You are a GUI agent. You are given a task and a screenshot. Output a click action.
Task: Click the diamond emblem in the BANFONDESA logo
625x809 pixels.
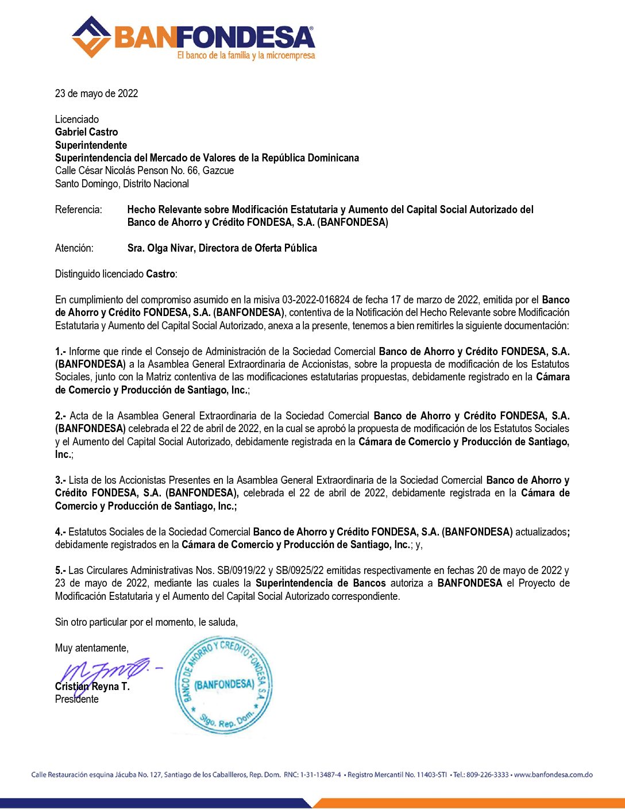(91, 37)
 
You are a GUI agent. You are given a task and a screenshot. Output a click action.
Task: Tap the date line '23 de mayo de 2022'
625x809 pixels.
(97, 94)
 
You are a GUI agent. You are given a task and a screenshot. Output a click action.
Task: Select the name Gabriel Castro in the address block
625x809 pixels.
(86, 132)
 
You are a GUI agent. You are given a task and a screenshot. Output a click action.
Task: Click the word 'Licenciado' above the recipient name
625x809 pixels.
(77, 120)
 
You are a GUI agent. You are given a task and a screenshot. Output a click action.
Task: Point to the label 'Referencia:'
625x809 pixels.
(78, 210)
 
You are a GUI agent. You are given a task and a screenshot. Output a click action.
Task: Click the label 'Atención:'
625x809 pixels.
(74, 248)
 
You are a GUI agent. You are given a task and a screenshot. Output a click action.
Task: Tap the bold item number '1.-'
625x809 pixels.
(61, 352)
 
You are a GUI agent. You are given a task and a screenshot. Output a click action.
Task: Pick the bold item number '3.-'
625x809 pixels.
(61, 480)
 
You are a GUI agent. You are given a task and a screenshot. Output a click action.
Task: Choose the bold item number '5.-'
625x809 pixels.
(61, 571)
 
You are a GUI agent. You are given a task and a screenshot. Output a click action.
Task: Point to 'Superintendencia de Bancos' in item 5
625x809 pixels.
(321, 583)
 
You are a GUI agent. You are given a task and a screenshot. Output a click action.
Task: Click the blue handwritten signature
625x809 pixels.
(106, 671)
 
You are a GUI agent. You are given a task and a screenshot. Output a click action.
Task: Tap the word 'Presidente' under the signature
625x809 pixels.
(77, 699)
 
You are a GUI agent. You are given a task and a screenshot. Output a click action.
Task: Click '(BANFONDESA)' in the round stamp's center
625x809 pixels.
(224, 684)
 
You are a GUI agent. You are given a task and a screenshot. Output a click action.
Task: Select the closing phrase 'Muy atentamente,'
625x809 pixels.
(92, 648)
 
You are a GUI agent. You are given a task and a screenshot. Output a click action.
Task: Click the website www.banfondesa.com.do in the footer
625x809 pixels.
(553, 775)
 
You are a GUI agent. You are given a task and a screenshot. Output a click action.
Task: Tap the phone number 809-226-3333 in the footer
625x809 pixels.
(487, 775)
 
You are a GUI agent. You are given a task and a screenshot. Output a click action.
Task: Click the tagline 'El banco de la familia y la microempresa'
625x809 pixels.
(246, 56)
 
